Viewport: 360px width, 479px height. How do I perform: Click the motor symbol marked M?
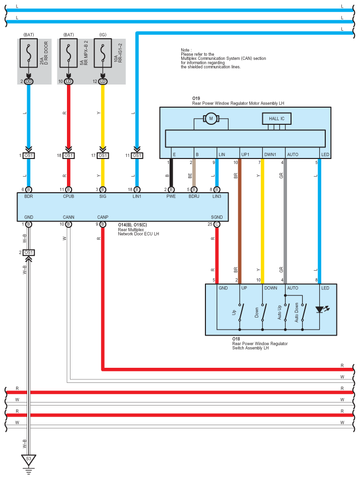[x=210, y=119]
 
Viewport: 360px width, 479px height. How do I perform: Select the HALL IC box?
[x=276, y=119]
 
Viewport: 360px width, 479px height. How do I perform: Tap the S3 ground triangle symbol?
[x=28, y=460]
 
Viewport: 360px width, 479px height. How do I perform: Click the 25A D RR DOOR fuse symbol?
[x=29, y=53]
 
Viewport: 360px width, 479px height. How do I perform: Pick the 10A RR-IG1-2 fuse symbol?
[x=103, y=53]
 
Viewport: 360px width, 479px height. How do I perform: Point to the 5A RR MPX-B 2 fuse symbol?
[x=68, y=53]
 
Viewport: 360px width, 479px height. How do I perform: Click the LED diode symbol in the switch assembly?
[x=320, y=310]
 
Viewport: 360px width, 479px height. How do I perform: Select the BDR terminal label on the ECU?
[x=28, y=196]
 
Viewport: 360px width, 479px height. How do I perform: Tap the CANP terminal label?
[x=103, y=217]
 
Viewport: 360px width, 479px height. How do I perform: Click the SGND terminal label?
[x=217, y=217]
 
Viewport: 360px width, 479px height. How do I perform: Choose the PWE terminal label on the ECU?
[x=171, y=196]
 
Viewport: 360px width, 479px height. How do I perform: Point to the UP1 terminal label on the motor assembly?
[x=245, y=154]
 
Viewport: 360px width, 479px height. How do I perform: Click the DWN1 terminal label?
[x=270, y=154]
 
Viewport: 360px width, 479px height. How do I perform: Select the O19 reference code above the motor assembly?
[x=196, y=99]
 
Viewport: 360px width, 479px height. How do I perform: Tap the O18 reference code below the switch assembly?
[x=236, y=339]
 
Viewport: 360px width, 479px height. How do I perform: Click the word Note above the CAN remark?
[x=185, y=50]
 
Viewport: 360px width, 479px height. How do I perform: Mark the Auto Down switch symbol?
[x=303, y=312]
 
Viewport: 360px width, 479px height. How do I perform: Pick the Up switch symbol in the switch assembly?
[x=241, y=312]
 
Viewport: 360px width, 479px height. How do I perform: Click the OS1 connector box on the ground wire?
[x=28, y=253]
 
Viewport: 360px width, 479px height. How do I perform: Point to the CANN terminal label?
[x=68, y=217]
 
